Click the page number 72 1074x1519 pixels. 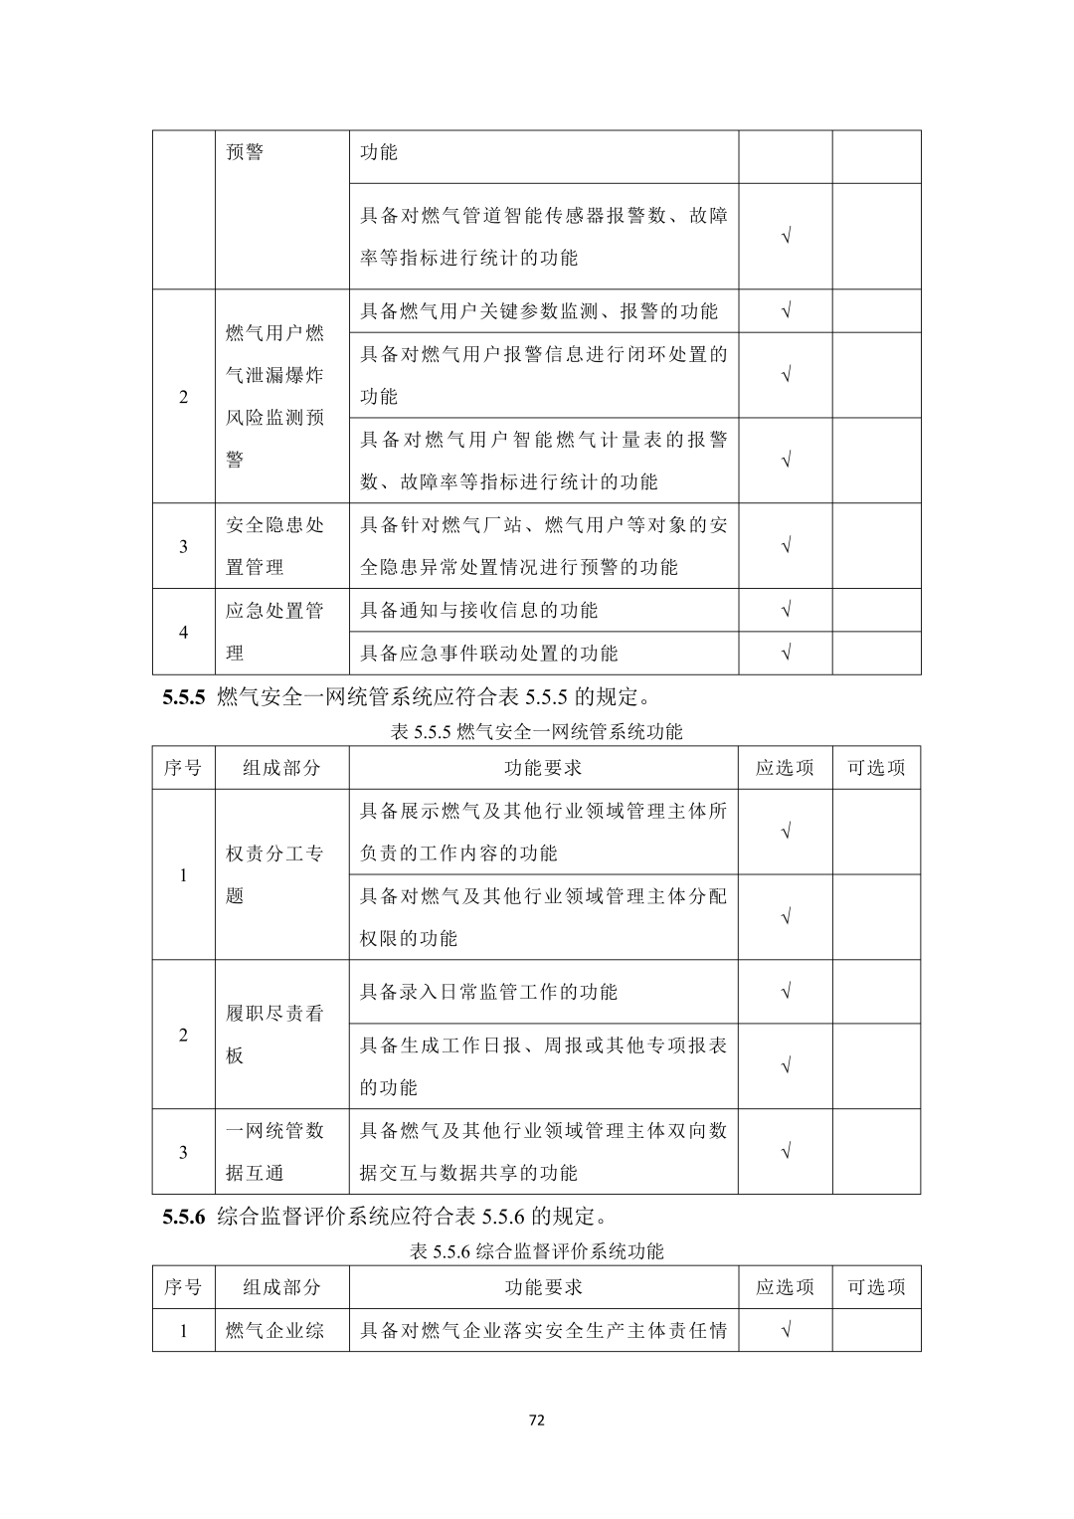pos(536,1420)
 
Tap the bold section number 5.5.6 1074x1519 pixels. pos(184,1217)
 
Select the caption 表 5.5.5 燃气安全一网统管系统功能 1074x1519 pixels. pos(536,732)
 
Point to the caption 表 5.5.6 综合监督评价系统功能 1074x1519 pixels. pos(536,1251)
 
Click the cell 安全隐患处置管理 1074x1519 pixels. pos(275,545)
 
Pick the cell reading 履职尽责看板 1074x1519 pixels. pos(275,1035)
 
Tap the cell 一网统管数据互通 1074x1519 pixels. pos(275,1151)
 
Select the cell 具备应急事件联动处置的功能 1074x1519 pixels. pos(488,653)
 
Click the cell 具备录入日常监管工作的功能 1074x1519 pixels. pos(488,992)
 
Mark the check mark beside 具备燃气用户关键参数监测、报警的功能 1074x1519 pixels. pos(786,311)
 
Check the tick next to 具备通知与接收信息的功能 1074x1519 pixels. pos(786,610)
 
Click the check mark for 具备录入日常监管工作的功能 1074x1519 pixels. pos(786,992)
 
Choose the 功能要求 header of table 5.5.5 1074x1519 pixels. pos(543,768)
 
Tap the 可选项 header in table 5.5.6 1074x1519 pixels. pos(876,1287)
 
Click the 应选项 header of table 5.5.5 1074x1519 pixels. pos(785,768)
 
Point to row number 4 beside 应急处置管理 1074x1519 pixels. pos(183,632)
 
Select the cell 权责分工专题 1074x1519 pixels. pos(275,874)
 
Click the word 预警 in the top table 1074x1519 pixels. pos(245,152)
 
